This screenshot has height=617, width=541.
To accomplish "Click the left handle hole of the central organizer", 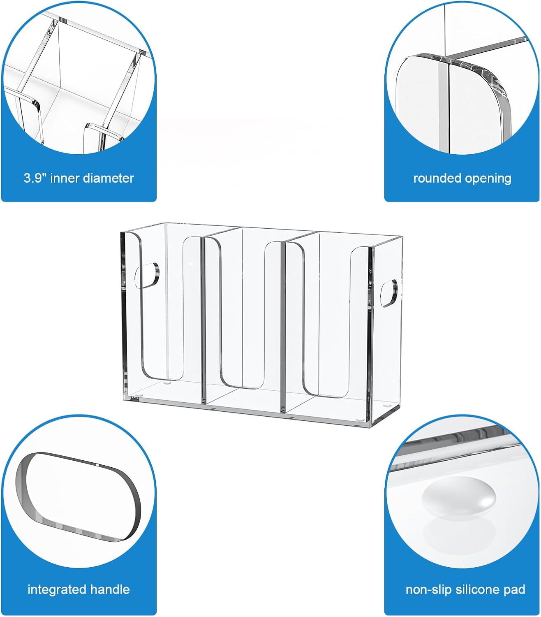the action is point(147,276).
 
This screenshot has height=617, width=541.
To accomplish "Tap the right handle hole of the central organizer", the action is point(389,293).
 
